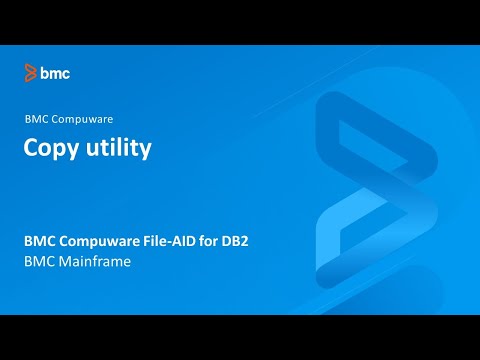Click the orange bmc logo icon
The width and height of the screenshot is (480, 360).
point(31,73)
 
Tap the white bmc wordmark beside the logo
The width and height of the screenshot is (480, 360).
point(55,73)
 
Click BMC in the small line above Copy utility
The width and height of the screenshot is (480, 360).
point(36,119)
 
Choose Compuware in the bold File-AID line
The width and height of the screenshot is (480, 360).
point(105,241)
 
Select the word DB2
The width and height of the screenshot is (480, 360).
point(261,241)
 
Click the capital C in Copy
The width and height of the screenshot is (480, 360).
point(31,148)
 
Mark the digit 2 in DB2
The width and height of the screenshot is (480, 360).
point(272,241)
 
